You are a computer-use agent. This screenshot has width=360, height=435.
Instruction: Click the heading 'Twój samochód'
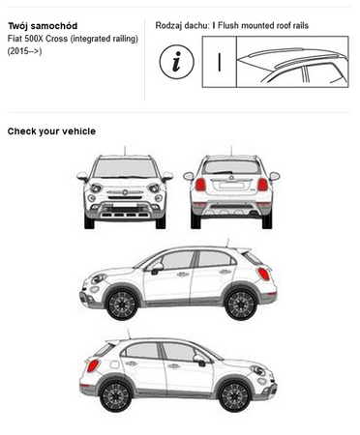(43, 26)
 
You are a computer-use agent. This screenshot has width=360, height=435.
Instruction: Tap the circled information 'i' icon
(177, 62)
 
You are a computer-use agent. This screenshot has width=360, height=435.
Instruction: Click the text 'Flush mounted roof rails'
(263, 25)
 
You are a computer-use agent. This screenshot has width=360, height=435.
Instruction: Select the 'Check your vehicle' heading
(51, 131)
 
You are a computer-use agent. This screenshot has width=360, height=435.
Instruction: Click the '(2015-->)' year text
(24, 51)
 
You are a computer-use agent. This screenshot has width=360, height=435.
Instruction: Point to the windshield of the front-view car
(125, 168)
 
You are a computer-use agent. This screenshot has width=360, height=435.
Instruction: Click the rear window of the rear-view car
(231, 167)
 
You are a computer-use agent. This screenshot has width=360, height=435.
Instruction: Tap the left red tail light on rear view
(200, 185)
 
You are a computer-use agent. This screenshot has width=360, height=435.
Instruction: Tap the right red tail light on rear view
(262, 185)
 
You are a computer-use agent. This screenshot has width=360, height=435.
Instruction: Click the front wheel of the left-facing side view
(122, 304)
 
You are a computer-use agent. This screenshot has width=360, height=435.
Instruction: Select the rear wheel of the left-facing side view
(241, 304)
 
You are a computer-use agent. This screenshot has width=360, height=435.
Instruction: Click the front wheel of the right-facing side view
(235, 396)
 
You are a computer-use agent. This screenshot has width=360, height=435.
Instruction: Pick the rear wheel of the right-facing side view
(115, 396)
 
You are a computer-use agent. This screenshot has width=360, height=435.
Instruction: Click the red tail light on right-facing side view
(93, 366)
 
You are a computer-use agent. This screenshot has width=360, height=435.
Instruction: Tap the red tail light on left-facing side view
(263, 274)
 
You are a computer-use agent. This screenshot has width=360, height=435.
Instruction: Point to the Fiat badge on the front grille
(125, 192)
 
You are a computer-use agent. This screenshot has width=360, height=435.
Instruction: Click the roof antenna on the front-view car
(125, 151)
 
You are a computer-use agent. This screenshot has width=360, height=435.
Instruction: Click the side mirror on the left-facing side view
(157, 268)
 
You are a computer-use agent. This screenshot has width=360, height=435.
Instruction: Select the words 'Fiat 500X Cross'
(38, 39)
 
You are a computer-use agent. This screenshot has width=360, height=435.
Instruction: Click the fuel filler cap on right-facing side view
(114, 364)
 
